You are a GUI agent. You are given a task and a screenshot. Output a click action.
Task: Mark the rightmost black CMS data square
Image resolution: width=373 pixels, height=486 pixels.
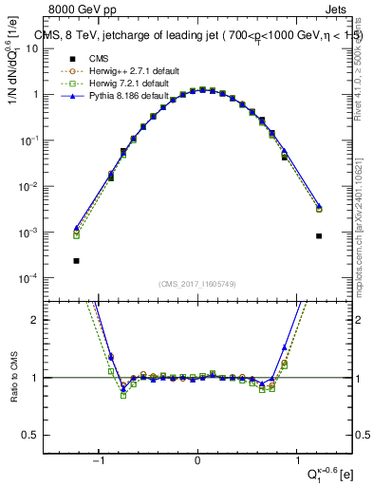tap(319, 235)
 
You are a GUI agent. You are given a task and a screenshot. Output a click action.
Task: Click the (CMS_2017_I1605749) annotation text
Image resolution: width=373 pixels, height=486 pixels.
tap(196, 285)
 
